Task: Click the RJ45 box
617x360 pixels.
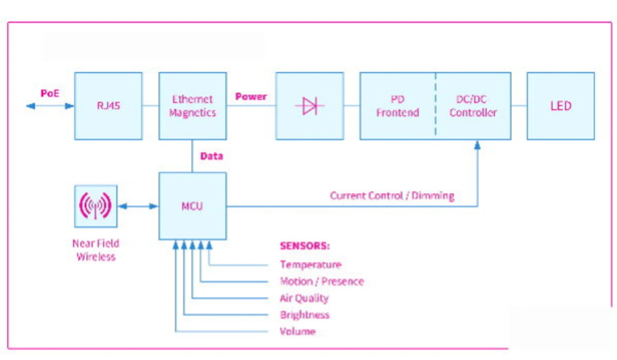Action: point(108,106)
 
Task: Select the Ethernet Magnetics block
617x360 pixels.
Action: point(192,106)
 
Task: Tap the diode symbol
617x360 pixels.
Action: point(309,106)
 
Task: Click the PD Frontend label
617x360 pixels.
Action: point(397,106)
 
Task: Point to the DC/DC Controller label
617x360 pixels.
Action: point(473,106)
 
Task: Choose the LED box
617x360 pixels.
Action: point(561,106)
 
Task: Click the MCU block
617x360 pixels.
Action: point(192,206)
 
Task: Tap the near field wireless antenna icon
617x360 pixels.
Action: point(95,206)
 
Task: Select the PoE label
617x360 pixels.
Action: point(50,93)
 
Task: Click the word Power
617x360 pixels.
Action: point(251,96)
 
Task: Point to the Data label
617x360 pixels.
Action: point(212,156)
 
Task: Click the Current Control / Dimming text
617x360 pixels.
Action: point(392,196)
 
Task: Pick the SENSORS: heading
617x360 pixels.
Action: point(305,246)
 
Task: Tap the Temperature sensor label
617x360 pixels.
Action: point(310,265)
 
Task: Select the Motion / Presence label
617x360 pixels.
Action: point(322,281)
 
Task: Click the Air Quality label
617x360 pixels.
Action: point(304,298)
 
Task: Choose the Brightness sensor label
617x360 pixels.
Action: point(305,315)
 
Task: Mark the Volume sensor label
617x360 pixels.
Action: point(297,332)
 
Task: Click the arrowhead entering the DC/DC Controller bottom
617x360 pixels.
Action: point(477,145)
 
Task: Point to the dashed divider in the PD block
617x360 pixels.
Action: point(436,106)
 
